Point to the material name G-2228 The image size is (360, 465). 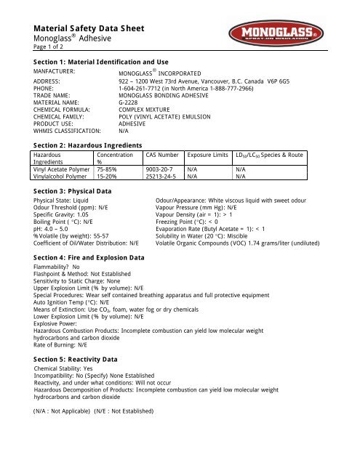(x=131, y=102)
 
